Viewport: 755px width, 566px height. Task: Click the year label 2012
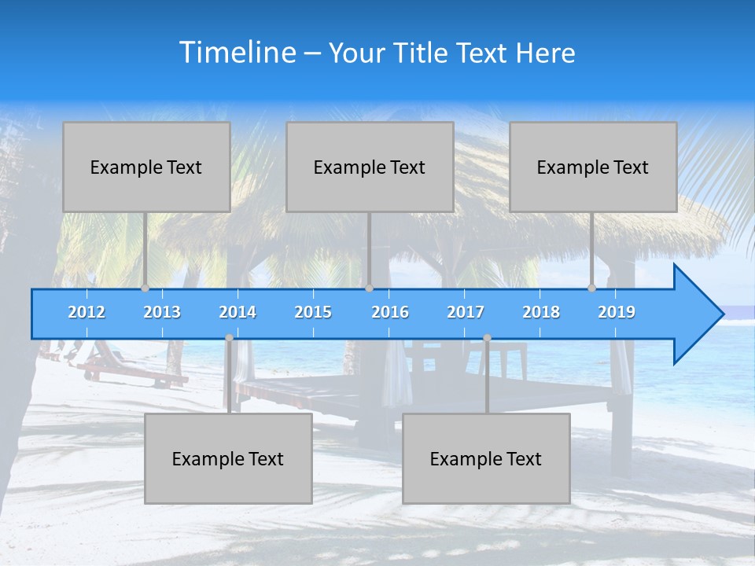coord(87,312)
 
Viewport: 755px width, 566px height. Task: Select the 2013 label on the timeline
coord(162,312)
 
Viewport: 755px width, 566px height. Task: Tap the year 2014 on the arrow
coord(238,312)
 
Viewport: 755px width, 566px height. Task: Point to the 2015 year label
coord(313,312)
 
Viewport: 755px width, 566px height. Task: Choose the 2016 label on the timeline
coord(390,312)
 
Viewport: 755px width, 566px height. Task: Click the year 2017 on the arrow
coord(466,312)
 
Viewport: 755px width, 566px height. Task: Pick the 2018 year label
coord(541,312)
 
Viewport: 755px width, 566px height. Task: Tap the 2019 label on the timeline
coord(617,312)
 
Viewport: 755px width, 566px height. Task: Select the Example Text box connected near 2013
coord(146,167)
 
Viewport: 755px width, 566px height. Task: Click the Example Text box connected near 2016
coord(370,167)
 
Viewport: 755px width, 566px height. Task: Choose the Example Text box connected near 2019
coord(593,167)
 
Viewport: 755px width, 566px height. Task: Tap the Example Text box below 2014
coord(228,458)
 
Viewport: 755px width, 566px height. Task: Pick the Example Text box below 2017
coord(486,458)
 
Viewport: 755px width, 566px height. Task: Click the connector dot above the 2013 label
coord(145,289)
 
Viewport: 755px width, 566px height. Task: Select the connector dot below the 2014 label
coord(229,337)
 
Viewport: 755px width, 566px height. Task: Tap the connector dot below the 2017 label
coord(487,337)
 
